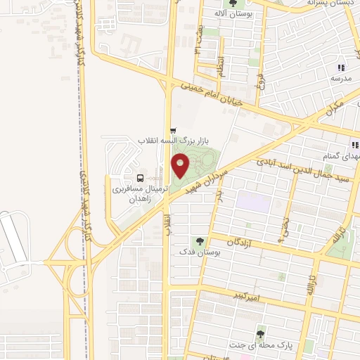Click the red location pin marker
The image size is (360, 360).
tap(181, 165)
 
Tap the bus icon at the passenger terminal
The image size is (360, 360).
tap(140, 177)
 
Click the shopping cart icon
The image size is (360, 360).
tap(173, 130)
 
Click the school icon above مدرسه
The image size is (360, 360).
tap(341, 67)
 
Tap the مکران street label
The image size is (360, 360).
tap(335, 110)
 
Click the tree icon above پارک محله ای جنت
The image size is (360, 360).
tap(262, 334)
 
